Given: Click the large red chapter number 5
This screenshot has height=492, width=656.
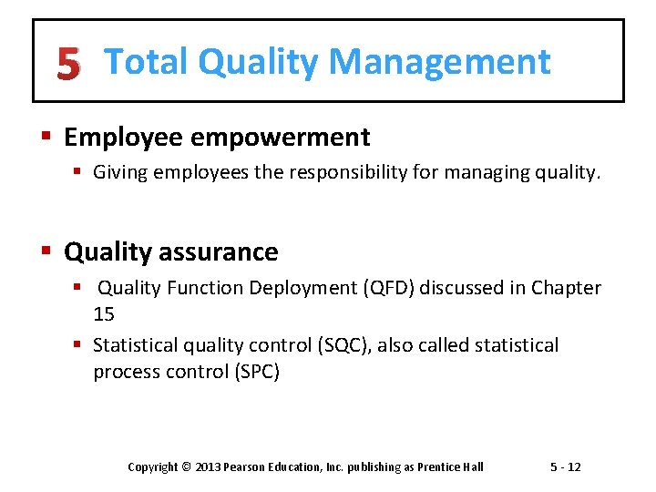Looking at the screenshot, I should pos(67,64).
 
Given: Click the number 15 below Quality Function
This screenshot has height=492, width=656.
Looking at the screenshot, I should pos(104,314).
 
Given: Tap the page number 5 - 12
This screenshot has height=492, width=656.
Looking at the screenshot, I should pos(565,467).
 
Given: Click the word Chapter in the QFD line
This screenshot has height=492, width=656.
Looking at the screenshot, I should pos(567,288).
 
